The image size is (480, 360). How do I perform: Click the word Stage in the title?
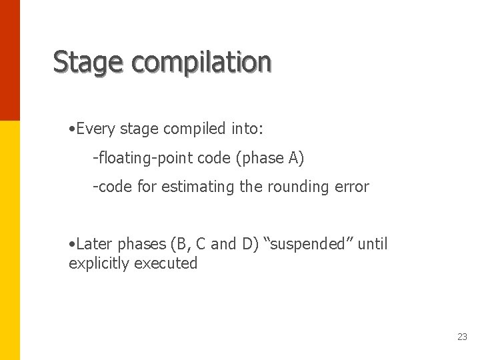pos(88,62)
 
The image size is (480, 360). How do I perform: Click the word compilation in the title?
pos(201,62)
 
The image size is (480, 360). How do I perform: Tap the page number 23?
pos(462,337)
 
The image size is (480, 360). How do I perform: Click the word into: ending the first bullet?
pos(248,129)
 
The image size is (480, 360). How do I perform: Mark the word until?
pos(373,244)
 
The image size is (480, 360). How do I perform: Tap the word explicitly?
pos(99,263)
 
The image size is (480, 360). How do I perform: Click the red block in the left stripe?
pos(10,60)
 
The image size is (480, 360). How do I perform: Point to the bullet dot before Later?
pos(72,245)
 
